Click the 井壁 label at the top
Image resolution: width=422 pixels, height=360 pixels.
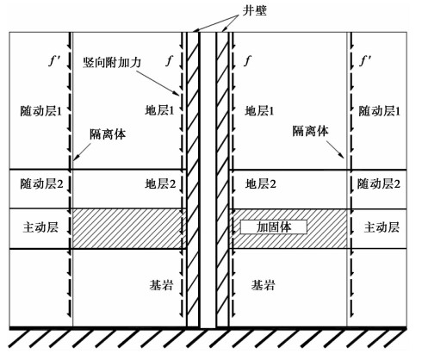pyautogui.click(x=254, y=10)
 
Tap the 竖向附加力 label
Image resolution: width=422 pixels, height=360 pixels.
pyautogui.click(x=112, y=62)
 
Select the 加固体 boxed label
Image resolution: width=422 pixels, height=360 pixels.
pyautogui.click(x=274, y=227)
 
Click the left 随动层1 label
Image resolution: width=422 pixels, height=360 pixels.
pyautogui.click(x=40, y=111)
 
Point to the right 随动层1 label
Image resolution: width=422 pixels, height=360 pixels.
pyautogui.click(x=379, y=111)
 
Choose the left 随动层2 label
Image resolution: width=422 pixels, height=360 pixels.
pyautogui.click(x=41, y=183)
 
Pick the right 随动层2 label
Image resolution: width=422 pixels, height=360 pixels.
pyautogui.click(x=379, y=183)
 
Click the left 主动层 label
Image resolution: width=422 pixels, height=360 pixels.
pyautogui.click(x=40, y=227)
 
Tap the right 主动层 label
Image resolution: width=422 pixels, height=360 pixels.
pyautogui.click(x=382, y=227)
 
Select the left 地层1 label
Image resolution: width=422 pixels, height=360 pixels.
pyautogui.click(x=159, y=110)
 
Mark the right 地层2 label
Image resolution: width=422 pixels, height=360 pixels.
pyautogui.click(x=260, y=183)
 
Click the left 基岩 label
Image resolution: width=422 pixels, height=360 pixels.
pyautogui.click(x=161, y=285)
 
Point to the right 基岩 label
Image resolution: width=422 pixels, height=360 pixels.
pyautogui.click(x=264, y=285)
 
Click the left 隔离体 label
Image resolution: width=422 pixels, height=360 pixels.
pyautogui.click(x=108, y=134)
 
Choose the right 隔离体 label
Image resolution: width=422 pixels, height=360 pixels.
pyautogui.click(x=310, y=131)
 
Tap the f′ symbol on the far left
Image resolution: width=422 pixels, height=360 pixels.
pyautogui.click(x=53, y=61)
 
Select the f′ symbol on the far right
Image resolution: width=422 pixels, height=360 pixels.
pyautogui.click(x=365, y=61)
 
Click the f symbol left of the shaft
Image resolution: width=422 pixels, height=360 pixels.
pyautogui.click(x=170, y=61)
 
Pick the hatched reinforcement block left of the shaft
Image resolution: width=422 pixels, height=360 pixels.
pyautogui.click(x=127, y=228)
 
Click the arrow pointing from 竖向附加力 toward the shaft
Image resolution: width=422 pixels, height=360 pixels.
pyautogui.click(x=158, y=83)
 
